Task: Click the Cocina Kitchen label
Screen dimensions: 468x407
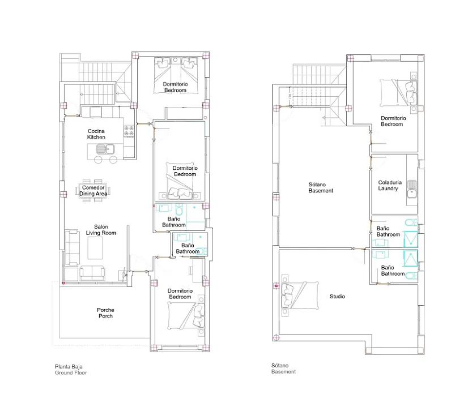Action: (96, 134)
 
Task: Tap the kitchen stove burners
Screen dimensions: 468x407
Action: (129, 131)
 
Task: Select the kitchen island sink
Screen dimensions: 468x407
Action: (105, 149)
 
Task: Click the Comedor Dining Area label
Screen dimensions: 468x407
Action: (93, 191)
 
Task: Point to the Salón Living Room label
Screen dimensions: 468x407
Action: (101, 230)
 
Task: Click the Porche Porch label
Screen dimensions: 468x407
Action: (105, 313)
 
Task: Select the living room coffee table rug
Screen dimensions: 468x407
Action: (95, 248)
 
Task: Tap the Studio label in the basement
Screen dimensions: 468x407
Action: (337, 297)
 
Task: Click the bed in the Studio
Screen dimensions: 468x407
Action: (300, 295)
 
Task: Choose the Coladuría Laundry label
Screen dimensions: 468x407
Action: (390, 185)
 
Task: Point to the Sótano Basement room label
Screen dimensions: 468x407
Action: (321, 187)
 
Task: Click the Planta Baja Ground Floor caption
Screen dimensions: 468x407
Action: (71, 370)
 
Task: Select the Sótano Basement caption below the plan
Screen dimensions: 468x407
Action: (283, 369)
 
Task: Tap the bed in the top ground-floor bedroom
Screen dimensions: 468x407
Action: (176, 75)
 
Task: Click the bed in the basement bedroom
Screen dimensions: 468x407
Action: (398, 93)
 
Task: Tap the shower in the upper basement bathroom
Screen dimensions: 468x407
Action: (411, 239)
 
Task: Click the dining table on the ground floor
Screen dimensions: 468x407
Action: (92, 191)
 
